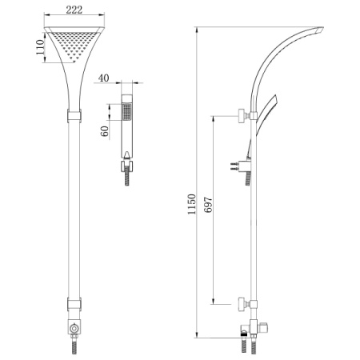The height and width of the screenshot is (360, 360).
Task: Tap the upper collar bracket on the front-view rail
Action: pos(74,115)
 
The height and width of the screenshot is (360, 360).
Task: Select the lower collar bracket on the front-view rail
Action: pos(74,304)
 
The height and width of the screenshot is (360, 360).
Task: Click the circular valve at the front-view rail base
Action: pos(74,328)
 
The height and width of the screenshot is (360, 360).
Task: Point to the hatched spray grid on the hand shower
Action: pos(126,111)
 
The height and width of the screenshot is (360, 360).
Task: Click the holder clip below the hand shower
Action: pos(126,166)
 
